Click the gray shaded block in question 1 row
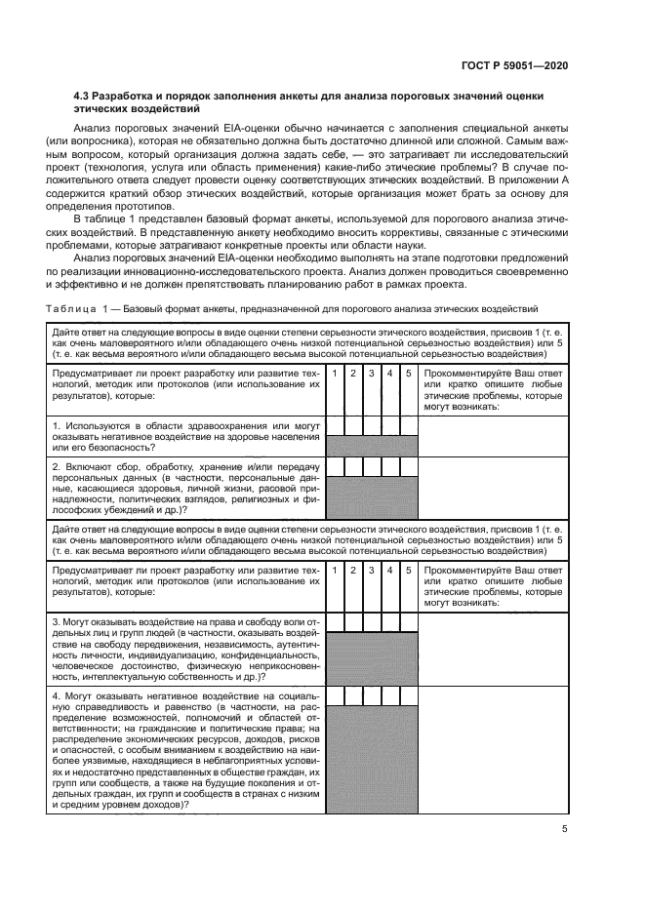(371, 446)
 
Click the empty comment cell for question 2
(494, 489)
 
